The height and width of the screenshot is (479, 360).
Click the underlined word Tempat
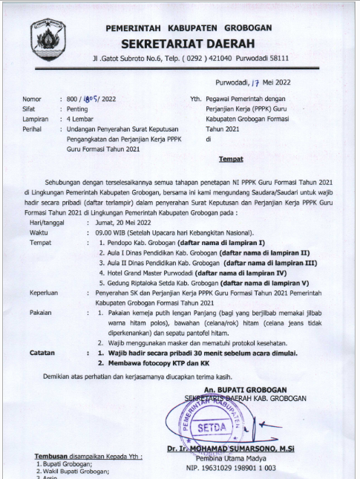[231, 159]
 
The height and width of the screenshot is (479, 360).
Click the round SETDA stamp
[213, 427]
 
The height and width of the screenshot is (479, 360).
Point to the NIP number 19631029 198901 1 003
[240, 469]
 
